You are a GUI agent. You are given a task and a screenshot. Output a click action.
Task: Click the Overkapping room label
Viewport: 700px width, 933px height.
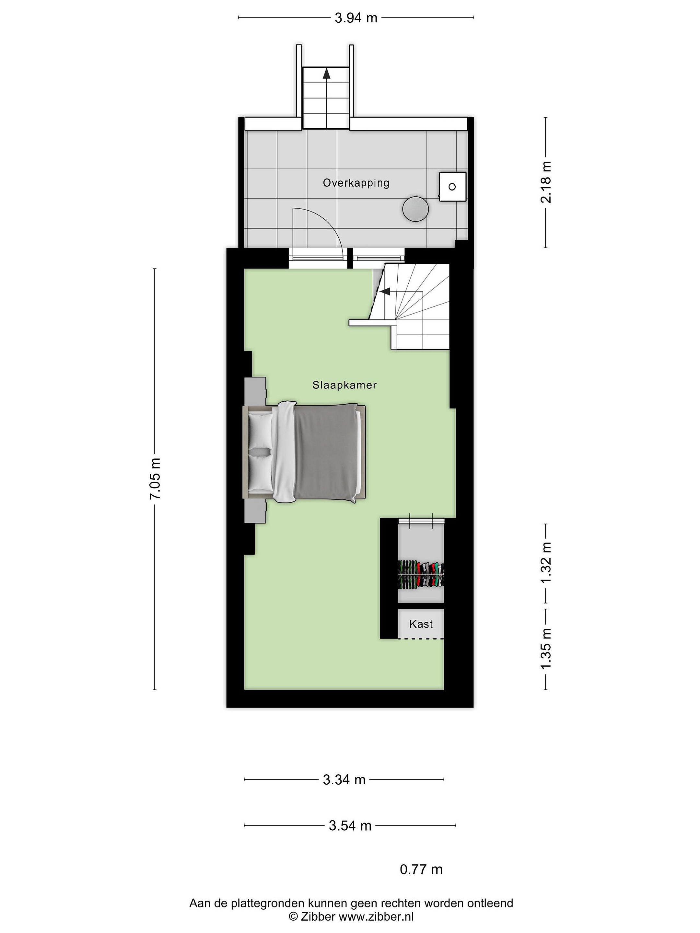coord(356,183)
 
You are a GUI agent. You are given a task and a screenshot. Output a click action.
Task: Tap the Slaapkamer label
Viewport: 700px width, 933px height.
coord(344,385)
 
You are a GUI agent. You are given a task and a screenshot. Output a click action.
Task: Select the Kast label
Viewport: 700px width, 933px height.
coord(421,624)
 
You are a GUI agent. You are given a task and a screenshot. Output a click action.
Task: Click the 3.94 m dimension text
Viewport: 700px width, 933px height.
coord(356,18)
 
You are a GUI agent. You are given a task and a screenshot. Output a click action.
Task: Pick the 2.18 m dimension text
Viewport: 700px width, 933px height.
coord(546,182)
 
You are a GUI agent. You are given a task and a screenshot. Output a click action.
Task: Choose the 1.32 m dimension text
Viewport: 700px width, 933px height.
coord(546,563)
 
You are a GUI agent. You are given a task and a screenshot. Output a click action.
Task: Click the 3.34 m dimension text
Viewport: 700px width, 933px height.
coord(344,780)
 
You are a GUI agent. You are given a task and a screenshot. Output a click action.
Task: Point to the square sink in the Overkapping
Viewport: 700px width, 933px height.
coord(452,186)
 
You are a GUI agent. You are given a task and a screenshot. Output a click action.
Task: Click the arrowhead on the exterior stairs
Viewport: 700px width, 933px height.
coord(326,74)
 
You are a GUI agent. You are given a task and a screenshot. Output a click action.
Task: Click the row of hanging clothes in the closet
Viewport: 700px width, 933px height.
coord(421,574)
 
